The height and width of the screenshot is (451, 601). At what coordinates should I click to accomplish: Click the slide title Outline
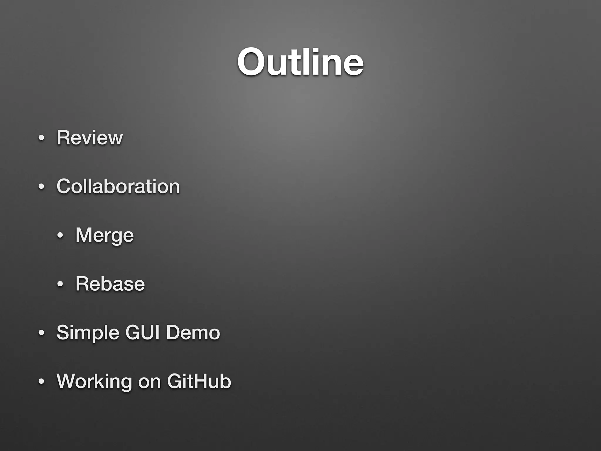pyautogui.click(x=300, y=62)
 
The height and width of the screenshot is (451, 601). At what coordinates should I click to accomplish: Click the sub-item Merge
pyautogui.click(x=104, y=235)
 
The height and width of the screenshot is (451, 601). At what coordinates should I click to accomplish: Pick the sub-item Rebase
pyautogui.click(x=110, y=284)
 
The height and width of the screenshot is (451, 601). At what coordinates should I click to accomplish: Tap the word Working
pyautogui.click(x=94, y=381)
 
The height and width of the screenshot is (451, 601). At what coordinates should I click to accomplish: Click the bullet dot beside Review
pyautogui.click(x=41, y=138)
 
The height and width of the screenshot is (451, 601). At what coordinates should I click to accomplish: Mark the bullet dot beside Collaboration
pyautogui.click(x=41, y=186)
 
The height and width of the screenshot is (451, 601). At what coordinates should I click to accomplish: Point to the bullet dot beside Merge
pyautogui.click(x=60, y=235)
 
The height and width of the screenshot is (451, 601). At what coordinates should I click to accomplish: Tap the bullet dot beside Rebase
pyautogui.click(x=60, y=284)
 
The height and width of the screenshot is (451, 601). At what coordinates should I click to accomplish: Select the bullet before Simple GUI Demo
pyautogui.click(x=41, y=333)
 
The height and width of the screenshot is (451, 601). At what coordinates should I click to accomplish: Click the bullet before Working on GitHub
pyautogui.click(x=41, y=381)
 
